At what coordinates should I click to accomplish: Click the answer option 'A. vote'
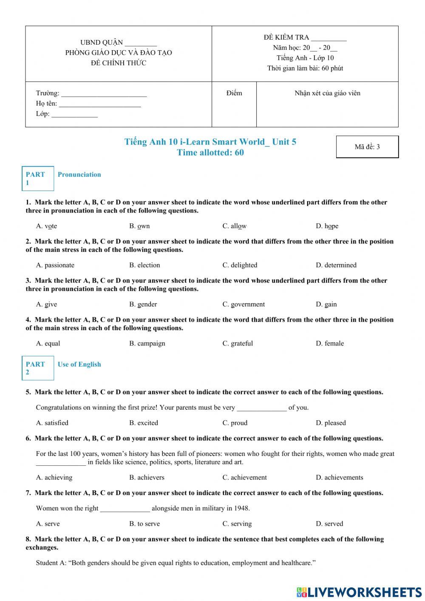[46, 226]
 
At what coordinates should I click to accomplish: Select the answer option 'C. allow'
[234, 226]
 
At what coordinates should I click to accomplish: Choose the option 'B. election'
[144, 265]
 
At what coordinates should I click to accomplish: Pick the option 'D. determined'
[336, 265]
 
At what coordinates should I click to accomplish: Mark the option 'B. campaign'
[147, 343]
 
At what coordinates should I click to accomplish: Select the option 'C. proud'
[235, 423]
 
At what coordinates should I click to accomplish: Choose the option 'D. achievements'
[339, 477]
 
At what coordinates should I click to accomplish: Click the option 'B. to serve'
[144, 524]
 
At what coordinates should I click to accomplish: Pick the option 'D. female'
[329, 343]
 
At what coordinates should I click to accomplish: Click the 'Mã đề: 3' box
[367, 147]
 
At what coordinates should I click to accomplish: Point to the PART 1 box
[38, 178]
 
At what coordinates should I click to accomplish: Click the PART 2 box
[38, 368]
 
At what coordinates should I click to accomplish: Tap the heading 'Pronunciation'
[79, 174]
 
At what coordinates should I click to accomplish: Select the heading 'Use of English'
[79, 364]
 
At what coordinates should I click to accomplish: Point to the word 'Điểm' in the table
[234, 93]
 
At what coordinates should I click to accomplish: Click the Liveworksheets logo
[359, 592]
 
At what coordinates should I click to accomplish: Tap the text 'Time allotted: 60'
[210, 153]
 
